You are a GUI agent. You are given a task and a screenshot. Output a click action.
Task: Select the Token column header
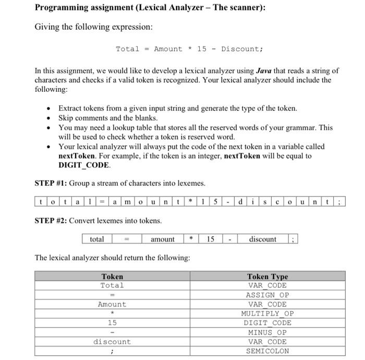[112, 277]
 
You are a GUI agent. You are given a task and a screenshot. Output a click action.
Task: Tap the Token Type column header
[267, 277]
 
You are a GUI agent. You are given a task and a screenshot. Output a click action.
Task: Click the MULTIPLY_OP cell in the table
[267, 314]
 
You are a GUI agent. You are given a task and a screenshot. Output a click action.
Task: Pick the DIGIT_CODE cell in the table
[267, 323]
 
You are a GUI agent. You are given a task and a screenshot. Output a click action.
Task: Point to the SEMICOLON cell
[267, 351]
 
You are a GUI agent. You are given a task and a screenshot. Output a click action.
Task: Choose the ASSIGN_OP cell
[267, 295]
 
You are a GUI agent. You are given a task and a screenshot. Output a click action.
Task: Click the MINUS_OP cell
[267, 332]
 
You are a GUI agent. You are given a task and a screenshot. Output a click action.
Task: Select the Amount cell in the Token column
[112, 304]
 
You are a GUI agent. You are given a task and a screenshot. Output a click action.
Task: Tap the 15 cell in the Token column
[112, 323]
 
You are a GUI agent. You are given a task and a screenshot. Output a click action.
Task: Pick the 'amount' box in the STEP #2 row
[163, 239]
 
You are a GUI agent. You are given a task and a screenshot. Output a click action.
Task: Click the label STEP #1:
[51, 183]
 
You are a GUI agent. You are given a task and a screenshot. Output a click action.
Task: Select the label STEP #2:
[51, 220]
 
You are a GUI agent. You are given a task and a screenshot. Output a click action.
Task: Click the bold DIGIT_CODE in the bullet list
[84, 165]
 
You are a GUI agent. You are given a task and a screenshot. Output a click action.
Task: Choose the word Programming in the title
[62, 8]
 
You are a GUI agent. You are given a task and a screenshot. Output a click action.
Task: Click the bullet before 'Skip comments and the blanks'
[48, 118]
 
